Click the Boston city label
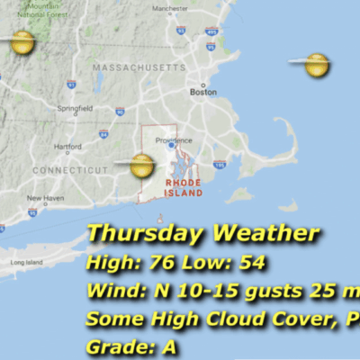coord(203,92)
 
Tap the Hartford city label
coord(67,147)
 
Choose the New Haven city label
coord(44,197)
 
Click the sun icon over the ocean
coord(316,64)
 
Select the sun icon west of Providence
coord(141,165)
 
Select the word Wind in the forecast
coord(112,292)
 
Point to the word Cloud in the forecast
coord(254,319)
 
